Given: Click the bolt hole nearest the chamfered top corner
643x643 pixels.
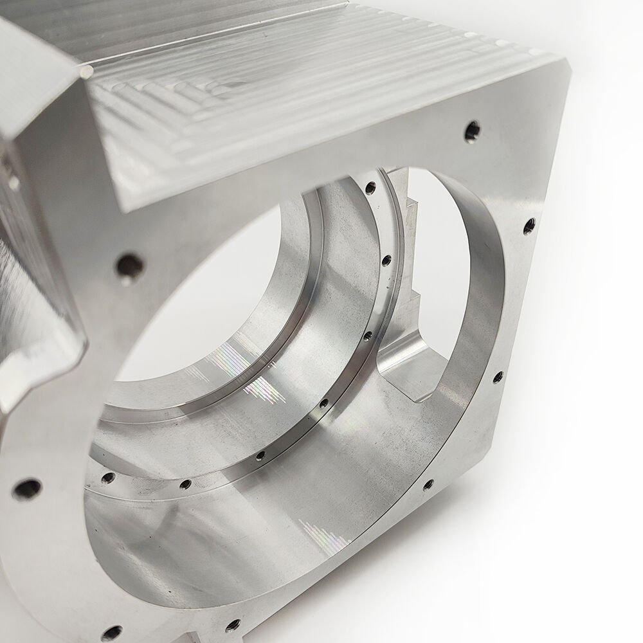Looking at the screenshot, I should tap(472, 131).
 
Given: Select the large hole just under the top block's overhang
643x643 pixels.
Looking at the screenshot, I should tap(129, 266).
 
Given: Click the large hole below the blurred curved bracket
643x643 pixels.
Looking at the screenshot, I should tap(27, 488).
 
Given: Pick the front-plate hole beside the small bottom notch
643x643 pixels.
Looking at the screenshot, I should tap(233, 624).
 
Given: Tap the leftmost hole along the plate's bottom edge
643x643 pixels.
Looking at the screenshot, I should tap(111, 633).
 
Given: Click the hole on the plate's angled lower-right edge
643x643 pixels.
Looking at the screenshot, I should tap(428, 484).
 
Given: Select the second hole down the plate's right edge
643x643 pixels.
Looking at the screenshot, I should tap(529, 226).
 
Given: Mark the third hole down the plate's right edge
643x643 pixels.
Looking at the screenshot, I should tap(498, 377).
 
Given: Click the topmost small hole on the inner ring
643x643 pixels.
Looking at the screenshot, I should tap(370, 188).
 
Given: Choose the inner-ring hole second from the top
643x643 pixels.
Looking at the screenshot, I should tap(386, 260).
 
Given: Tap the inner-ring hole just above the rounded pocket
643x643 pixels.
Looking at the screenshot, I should tap(368, 336).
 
